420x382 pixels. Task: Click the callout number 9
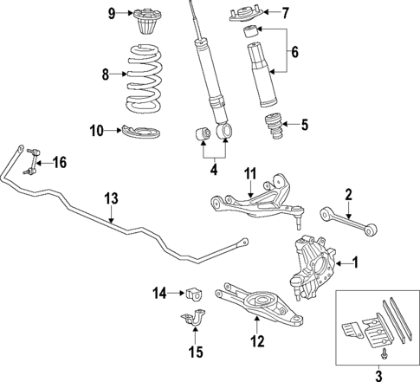[112, 13]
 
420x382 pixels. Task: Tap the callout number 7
[286, 12]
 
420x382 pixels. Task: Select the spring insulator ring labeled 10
[139, 132]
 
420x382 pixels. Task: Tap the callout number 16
[58, 162]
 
